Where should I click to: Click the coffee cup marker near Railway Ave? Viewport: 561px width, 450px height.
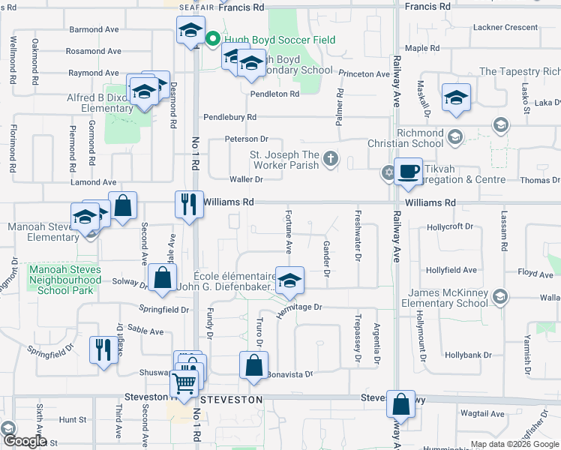point(408,172)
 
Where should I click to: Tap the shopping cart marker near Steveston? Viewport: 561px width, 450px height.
point(184,384)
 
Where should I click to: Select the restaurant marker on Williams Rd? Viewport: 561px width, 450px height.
point(188,203)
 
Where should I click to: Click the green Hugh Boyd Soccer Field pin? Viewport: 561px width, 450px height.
point(212,39)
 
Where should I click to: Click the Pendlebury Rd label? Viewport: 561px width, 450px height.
point(230,117)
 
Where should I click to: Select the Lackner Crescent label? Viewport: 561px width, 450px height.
point(505,27)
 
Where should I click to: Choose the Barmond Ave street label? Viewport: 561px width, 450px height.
point(94,30)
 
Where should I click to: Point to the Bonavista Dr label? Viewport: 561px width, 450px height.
point(289,373)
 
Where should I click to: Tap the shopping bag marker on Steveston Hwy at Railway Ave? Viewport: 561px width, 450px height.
point(400,403)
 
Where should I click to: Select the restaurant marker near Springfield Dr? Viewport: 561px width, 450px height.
point(103,349)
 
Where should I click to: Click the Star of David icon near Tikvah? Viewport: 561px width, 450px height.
point(388,173)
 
